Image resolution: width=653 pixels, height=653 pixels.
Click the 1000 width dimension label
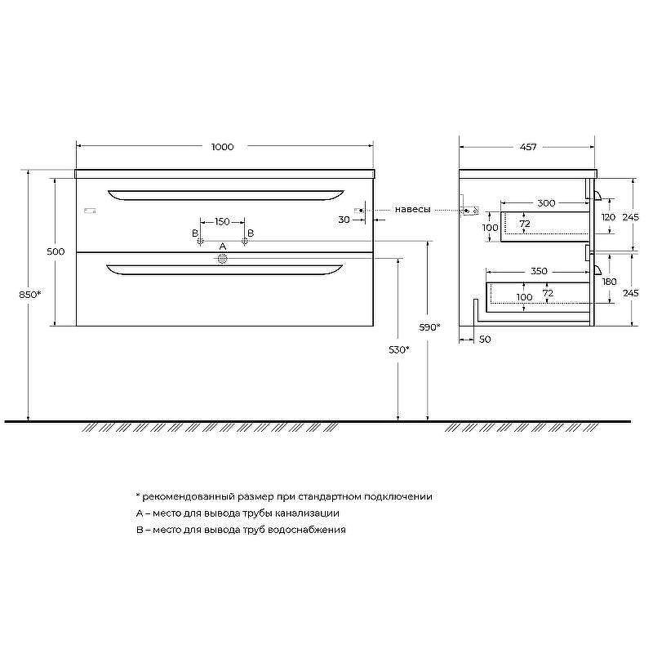[x=222, y=147]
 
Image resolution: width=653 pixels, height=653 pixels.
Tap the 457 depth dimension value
[x=528, y=147]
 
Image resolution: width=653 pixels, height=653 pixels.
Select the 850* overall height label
[x=30, y=295]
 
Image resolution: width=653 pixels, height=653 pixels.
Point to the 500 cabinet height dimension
[x=56, y=251]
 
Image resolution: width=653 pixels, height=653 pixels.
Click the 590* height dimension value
[x=429, y=327]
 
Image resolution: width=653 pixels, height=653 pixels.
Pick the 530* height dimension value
[x=399, y=350]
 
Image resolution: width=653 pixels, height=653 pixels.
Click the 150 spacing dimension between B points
[x=222, y=221]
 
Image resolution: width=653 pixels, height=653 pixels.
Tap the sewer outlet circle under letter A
[x=222, y=259]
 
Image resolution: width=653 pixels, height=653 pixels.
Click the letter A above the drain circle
[x=223, y=247]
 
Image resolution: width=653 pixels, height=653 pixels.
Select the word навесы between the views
[x=412, y=210]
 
